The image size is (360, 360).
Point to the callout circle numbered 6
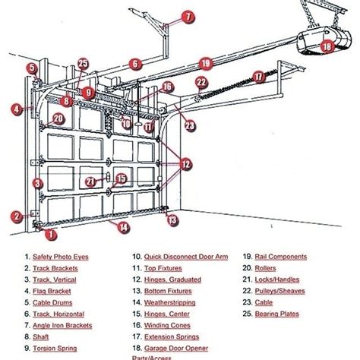(x=134, y=65)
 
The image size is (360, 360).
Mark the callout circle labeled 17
(x=258, y=76)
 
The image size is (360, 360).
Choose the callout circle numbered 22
(x=201, y=83)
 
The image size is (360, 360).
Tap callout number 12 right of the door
(x=186, y=163)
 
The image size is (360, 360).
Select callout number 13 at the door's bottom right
(x=173, y=220)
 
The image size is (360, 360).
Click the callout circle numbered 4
(x=17, y=109)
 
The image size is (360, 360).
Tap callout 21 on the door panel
(x=91, y=181)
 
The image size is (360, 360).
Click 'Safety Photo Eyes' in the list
(x=61, y=257)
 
